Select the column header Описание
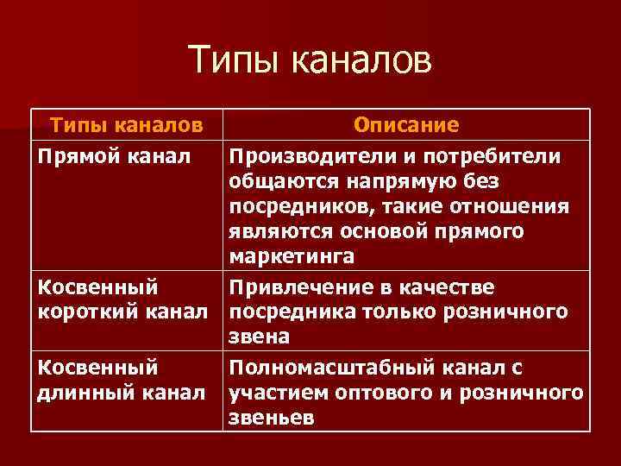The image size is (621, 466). point(406,125)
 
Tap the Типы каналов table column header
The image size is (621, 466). point(126,125)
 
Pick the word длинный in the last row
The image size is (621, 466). point(78,393)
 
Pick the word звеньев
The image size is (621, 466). point(270,418)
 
